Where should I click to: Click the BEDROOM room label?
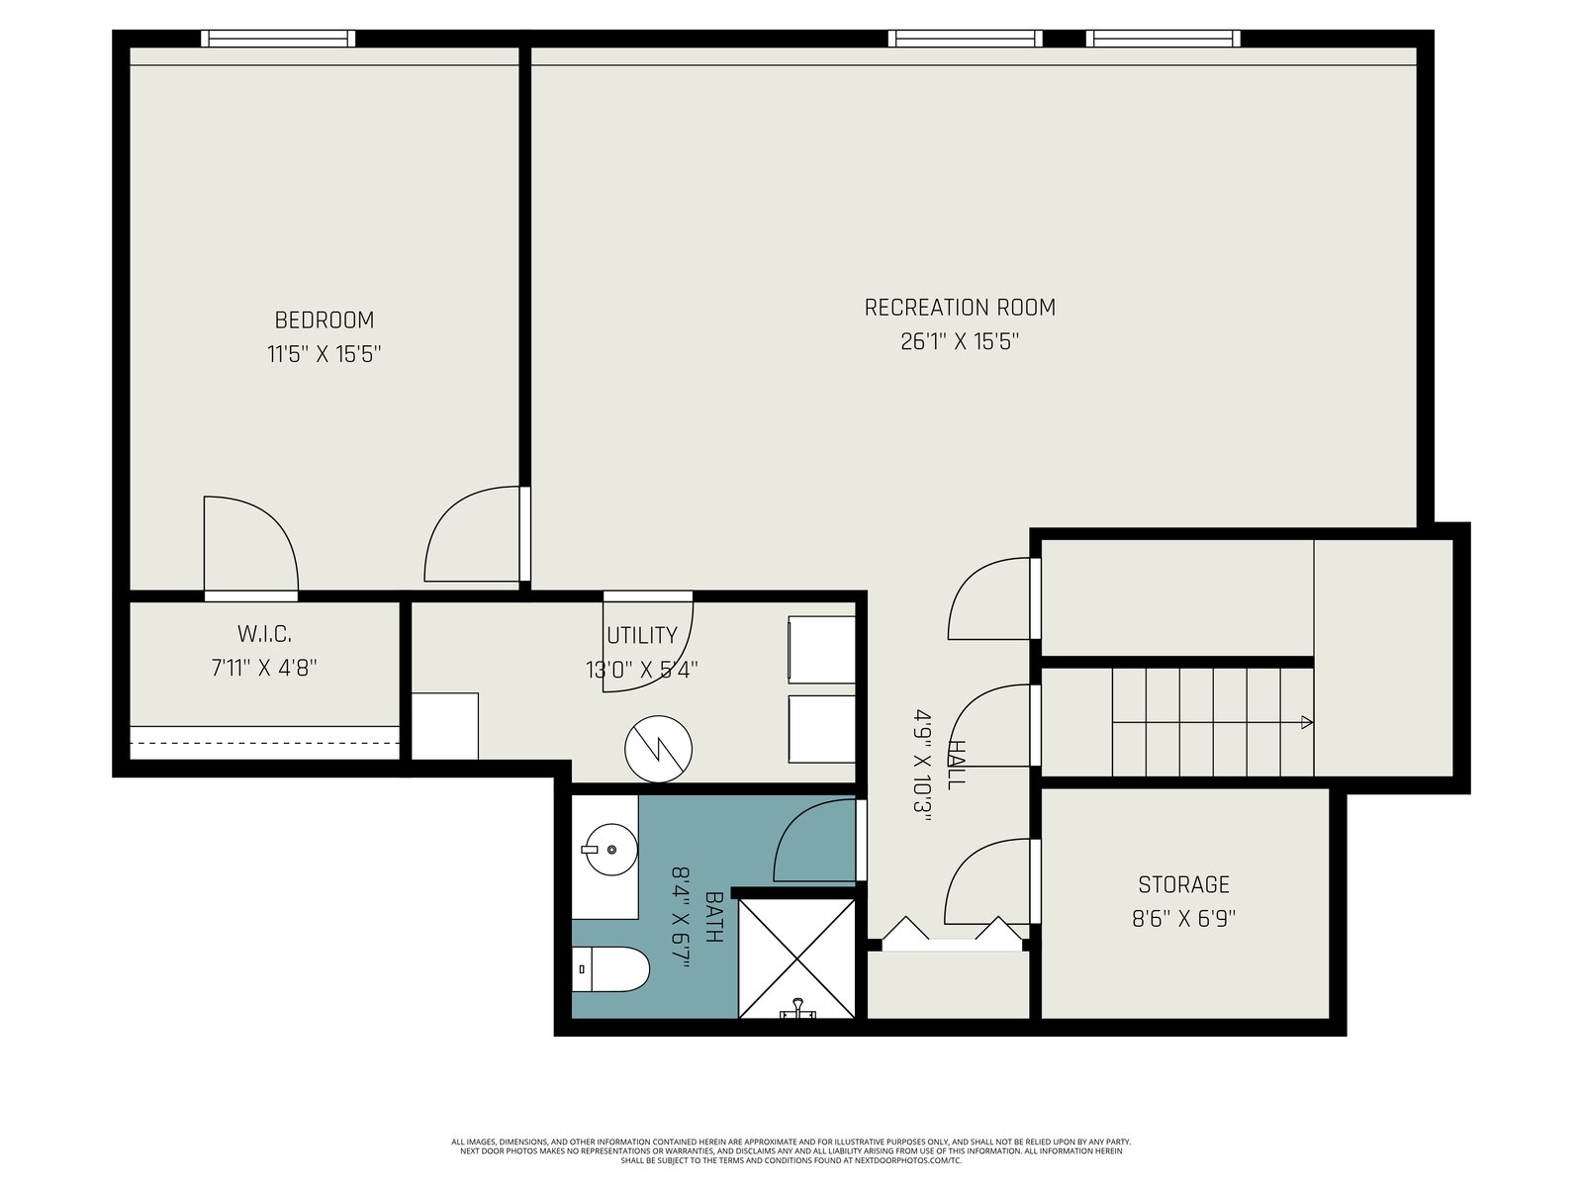pyautogui.click(x=324, y=320)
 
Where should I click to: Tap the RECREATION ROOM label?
pyautogui.click(x=959, y=308)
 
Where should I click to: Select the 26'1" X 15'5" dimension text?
pyautogui.click(x=959, y=341)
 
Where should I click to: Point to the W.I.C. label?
pyautogui.click(x=265, y=634)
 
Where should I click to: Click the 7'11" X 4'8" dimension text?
pyautogui.click(x=264, y=668)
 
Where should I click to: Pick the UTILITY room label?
pyautogui.click(x=642, y=635)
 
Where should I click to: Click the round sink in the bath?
pyautogui.click(x=610, y=850)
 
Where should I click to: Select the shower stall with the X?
pyautogui.click(x=796, y=959)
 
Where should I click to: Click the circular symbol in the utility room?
pyautogui.click(x=659, y=749)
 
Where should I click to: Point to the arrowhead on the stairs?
pyautogui.click(x=1306, y=722)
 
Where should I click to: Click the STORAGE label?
pyautogui.click(x=1183, y=884)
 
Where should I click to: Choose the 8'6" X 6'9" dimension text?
pyautogui.click(x=1183, y=919)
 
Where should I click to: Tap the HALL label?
pyautogui.click(x=956, y=765)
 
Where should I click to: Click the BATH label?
pyautogui.click(x=714, y=918)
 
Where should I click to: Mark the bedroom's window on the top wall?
pyautogui.click(x=278, y=39)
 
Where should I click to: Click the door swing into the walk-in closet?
pyautogui.click(x=251, y=544)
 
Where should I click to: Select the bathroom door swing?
pyautogui.click(x=815, y=840)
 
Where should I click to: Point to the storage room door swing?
pyautogui.click(x=987, y=881)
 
